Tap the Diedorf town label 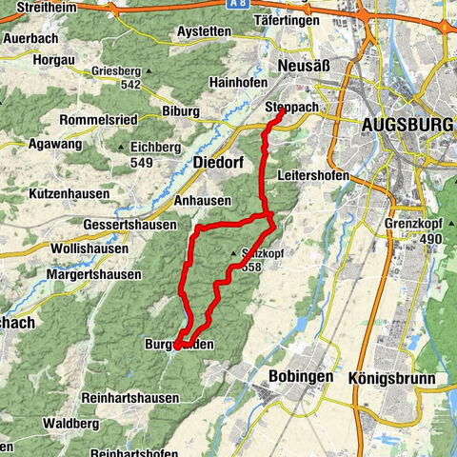pos(218,163)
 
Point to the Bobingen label pos(300,376)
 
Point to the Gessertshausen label pos(129,225)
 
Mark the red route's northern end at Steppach pos(282,111)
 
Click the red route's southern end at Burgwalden pos(177,347)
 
